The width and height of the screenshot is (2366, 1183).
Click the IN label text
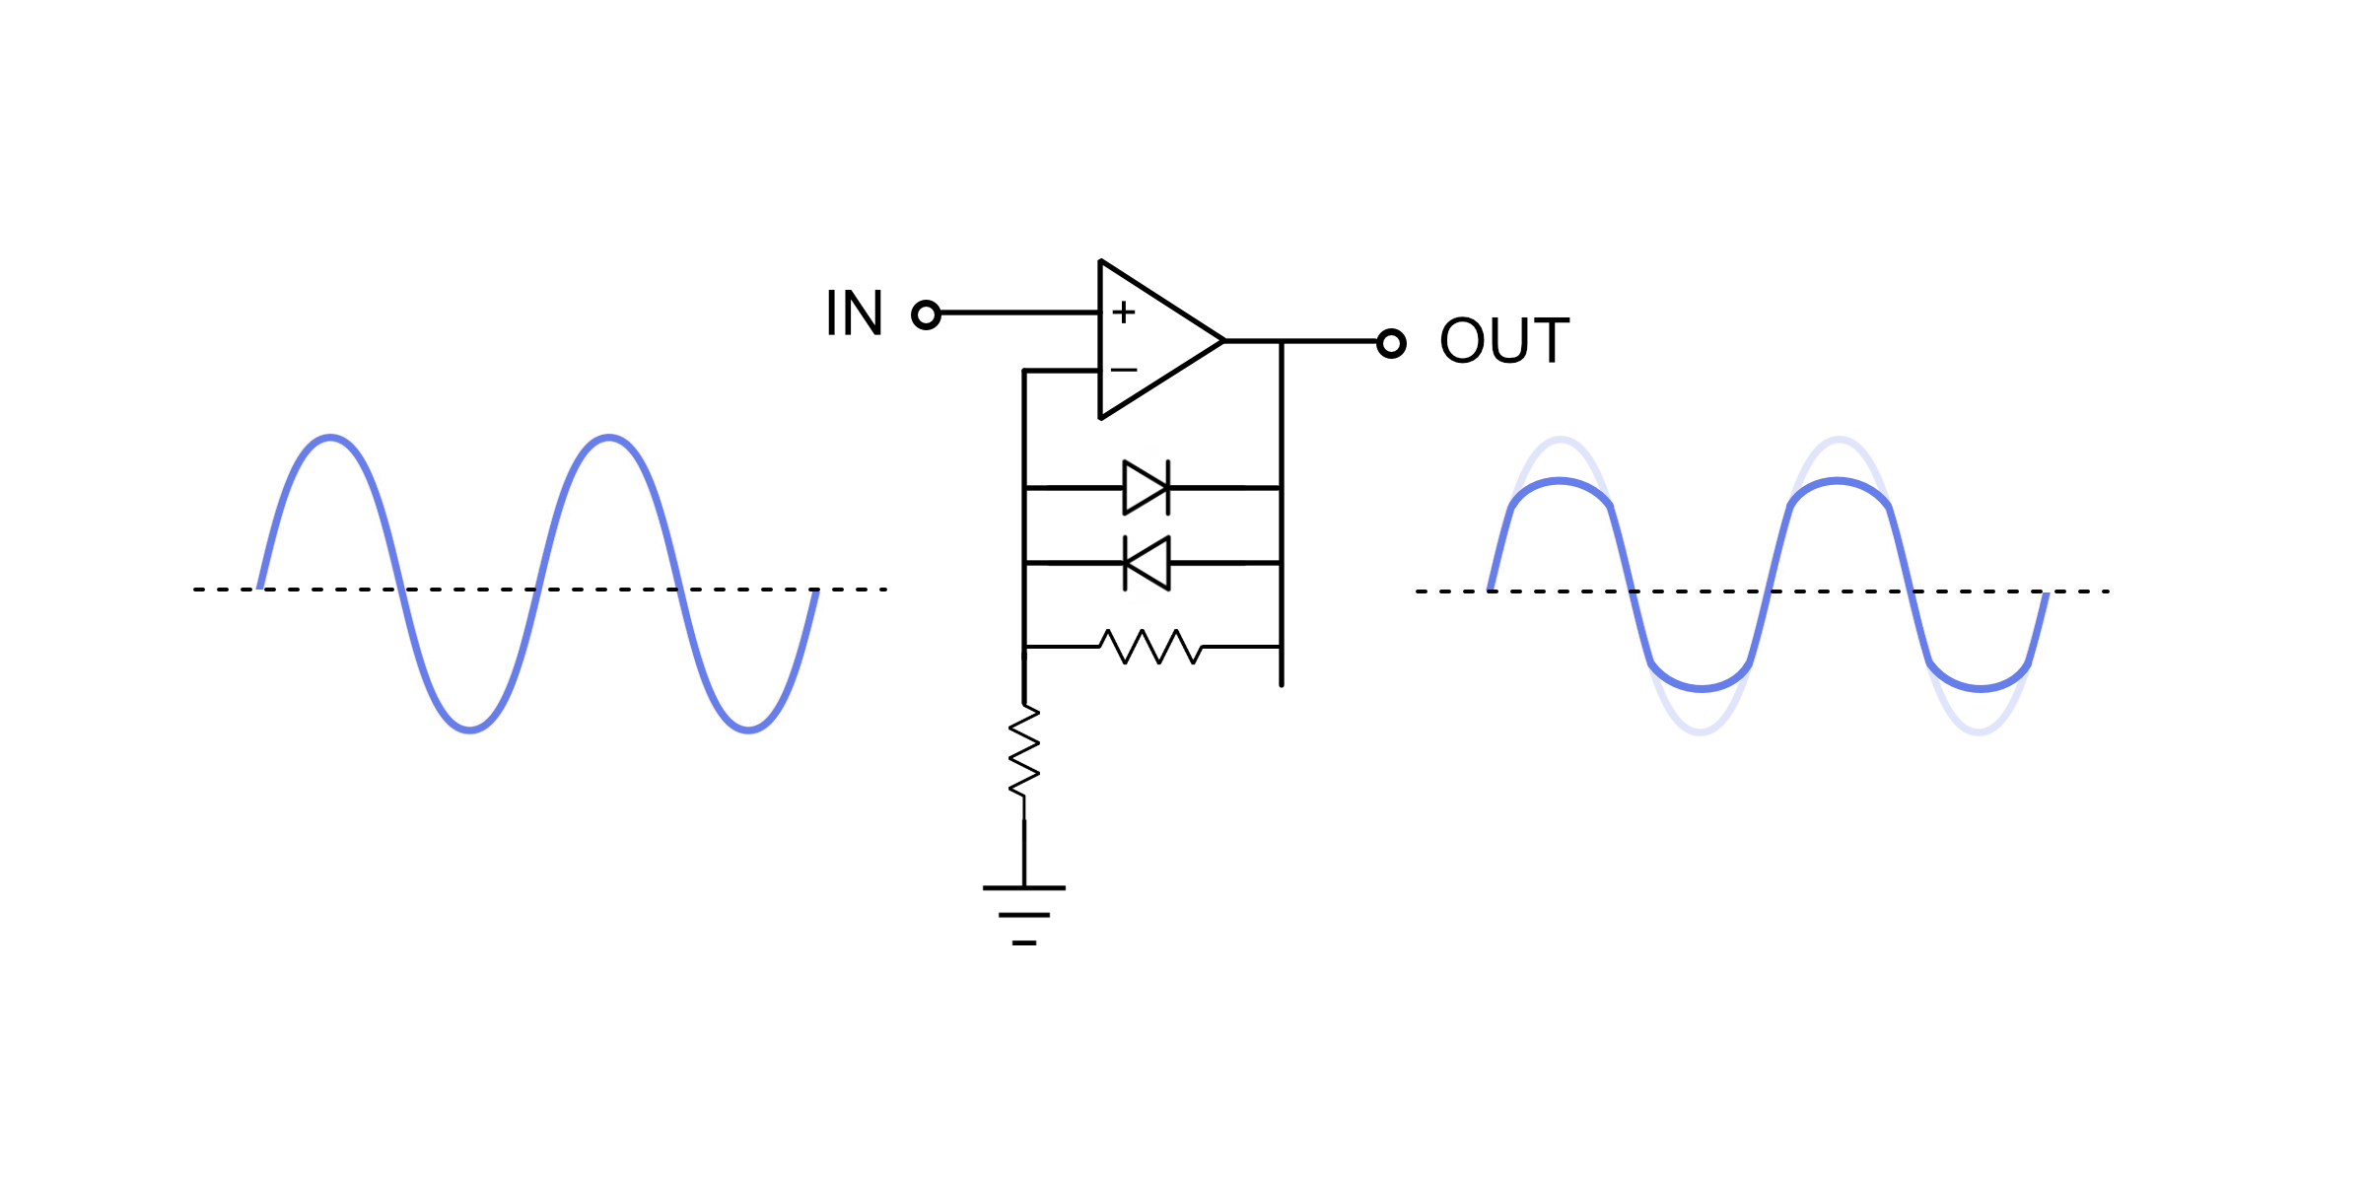pos(854,313)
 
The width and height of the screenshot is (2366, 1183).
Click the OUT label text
pos(1504,341)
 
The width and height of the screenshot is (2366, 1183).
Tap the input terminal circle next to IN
pos(926,314)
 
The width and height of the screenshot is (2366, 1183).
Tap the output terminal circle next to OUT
pos(1391,343)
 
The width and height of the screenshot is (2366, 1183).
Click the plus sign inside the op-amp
pos(1124,313)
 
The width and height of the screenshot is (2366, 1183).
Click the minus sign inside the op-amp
pos(1124,371)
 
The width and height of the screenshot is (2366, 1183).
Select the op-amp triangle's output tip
pos(1222,341)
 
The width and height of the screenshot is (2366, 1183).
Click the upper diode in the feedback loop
pos(1147,487)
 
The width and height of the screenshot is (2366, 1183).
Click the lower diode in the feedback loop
pos(1147,563)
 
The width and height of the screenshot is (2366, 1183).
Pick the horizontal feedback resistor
pos(1150,647)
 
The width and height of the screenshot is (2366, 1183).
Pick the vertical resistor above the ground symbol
pos(1024,751)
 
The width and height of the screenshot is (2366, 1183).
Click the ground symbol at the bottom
pos(1024,914)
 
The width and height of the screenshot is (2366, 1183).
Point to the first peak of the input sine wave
pos(330,437)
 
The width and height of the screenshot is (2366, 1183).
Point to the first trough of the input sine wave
pos(470,730)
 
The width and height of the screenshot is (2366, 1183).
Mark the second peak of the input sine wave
pos(609,437)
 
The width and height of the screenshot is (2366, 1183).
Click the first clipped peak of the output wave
pos(1560,481)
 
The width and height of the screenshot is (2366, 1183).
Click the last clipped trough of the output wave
pos(1980,687)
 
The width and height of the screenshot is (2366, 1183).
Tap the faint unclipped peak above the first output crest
pos(1561,438)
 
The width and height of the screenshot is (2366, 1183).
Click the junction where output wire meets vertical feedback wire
pos(1282,341)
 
